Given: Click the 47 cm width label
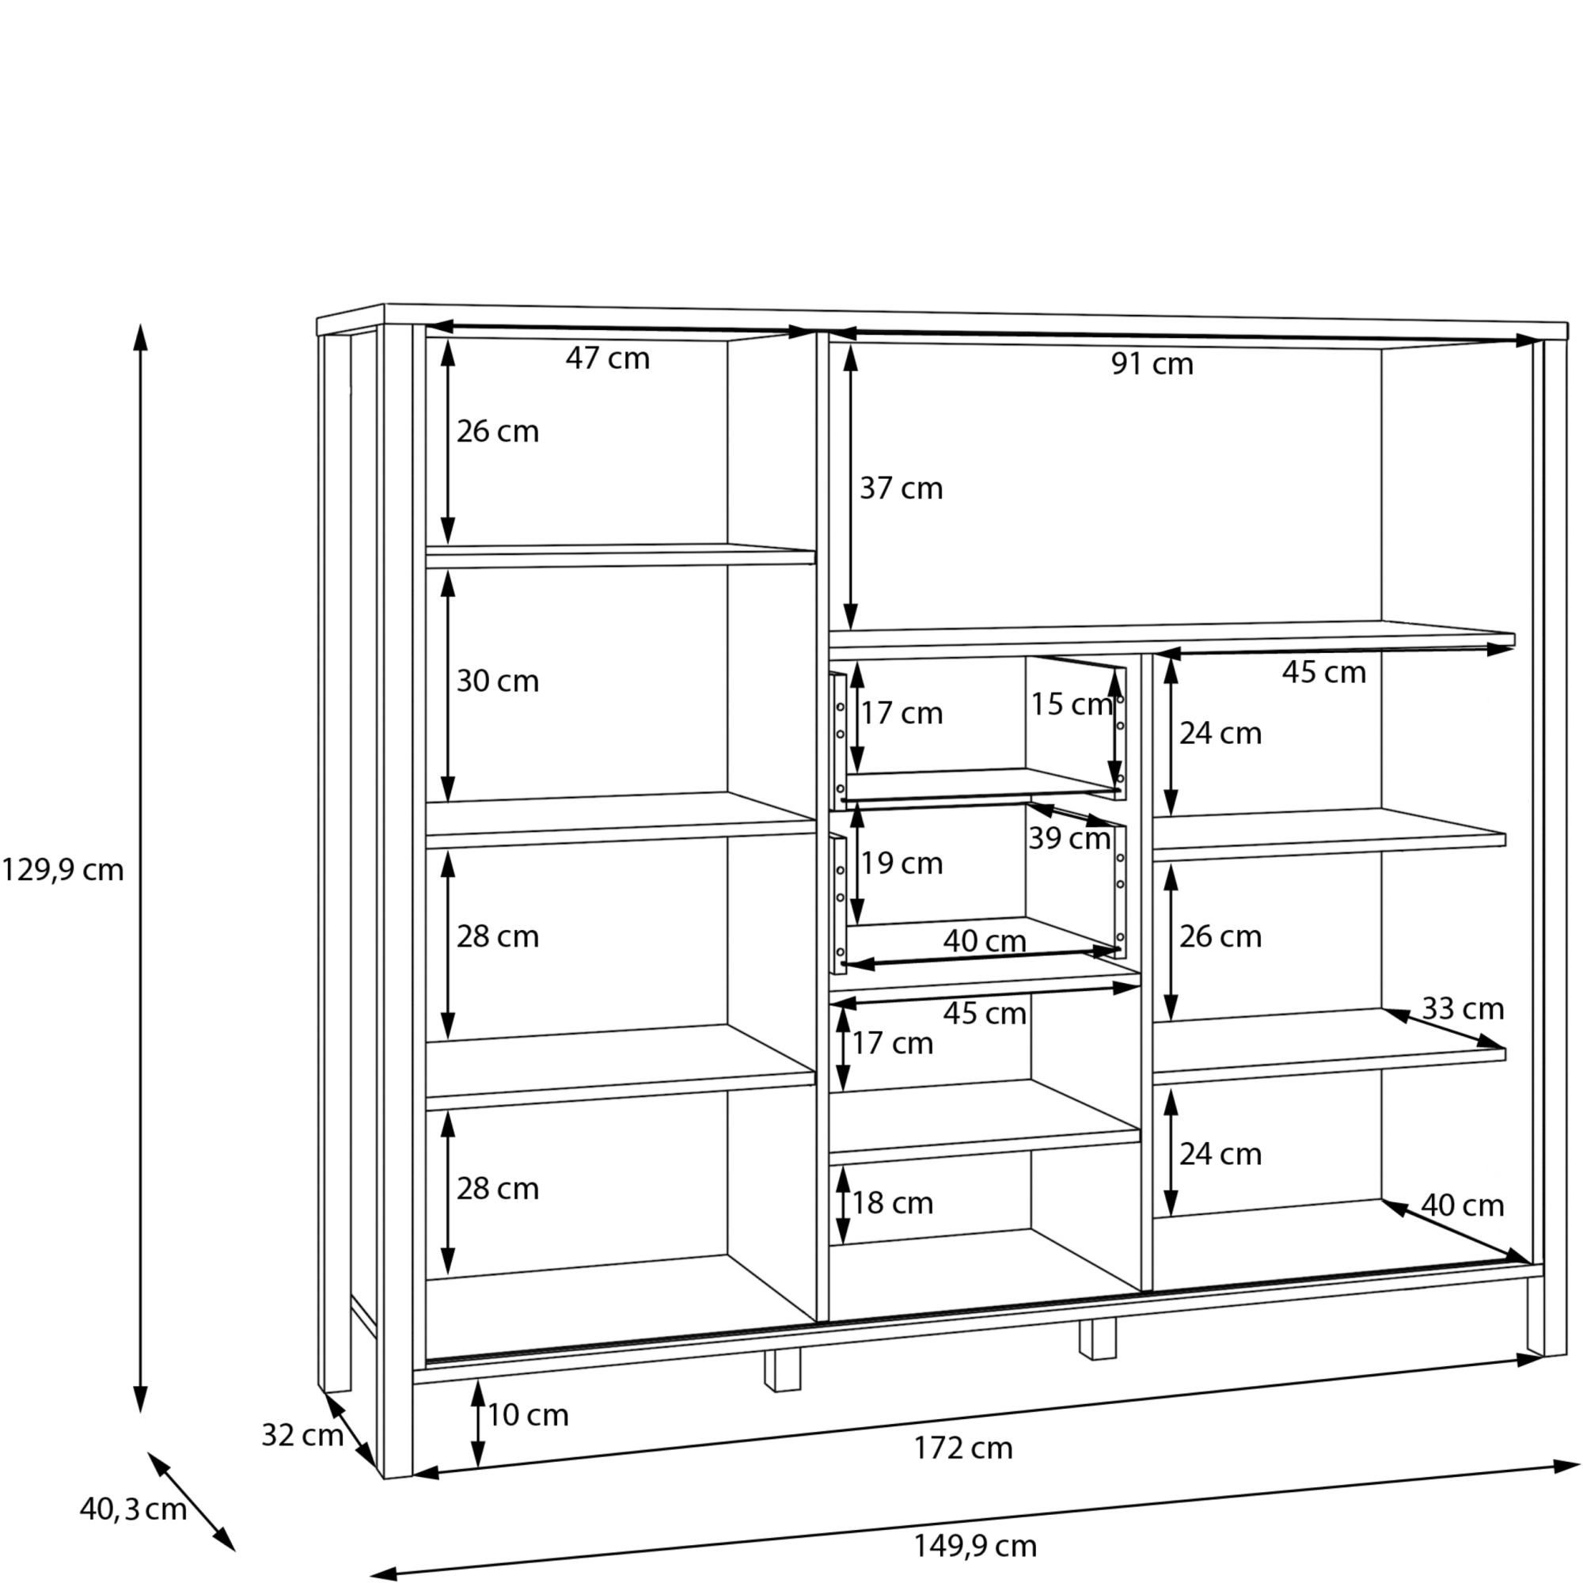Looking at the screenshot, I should click(607, 358).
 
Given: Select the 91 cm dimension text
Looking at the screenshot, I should click(1152, 364).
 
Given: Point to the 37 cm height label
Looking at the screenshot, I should click(901, 488).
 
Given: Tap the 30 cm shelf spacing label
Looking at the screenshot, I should click(497, 681).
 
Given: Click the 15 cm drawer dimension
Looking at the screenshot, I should click(1071, 704).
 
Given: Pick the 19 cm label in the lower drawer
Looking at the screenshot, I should click(902, 863).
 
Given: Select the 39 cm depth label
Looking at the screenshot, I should click(1069, 837).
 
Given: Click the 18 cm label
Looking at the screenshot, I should click(892, 1203).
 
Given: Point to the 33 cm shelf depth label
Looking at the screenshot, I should click(1463, 1008).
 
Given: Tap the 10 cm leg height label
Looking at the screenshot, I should click(528, 1415).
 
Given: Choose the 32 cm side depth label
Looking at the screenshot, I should click(302, 1435).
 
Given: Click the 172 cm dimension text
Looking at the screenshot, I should click(963, 1448).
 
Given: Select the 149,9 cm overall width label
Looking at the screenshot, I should click(975, 1546).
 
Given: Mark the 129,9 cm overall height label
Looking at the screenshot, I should click(63, 870).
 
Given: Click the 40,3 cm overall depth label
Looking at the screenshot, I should click(133, 1509).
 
